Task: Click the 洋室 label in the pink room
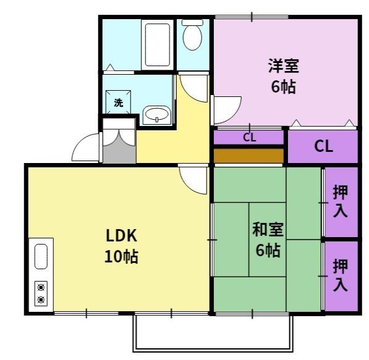click(283, 65)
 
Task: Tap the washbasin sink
click(157, 115)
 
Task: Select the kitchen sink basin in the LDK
click(41, 257)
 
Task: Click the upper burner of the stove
click(41, 287)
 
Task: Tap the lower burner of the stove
click(41, 300)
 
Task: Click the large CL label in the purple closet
click(323, 146)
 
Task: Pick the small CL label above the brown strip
click(248, 137)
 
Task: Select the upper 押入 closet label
click(340, 201)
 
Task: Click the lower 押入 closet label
click(340, 275)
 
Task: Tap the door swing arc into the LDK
click(194, 180)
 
